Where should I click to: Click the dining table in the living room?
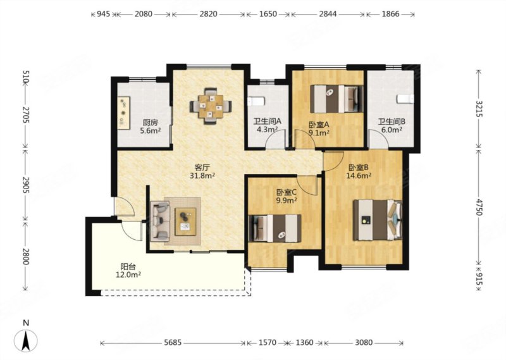tap(211, 106)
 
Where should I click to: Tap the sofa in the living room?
tap(160, 221)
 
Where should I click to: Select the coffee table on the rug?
tap(185, 221)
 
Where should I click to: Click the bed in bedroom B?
tap(378, 220)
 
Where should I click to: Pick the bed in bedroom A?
tap(336, 99)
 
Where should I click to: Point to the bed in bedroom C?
tap(275, 228)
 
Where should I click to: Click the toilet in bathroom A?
tap(256, 101)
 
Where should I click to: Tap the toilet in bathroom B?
tap(405, 99)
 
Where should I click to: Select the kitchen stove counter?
tap(123, 113)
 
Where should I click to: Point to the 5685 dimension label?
tap(173, 342)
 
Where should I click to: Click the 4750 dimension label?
tap(479, 207)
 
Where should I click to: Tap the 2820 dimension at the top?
tap(208, 14)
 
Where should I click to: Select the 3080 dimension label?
tap(364, 342)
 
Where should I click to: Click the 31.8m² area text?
tap(202, 176)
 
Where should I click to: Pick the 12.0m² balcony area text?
tap(128, 275)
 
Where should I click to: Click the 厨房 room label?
tap(151, 123)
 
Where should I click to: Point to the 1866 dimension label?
tap(390, 14)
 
